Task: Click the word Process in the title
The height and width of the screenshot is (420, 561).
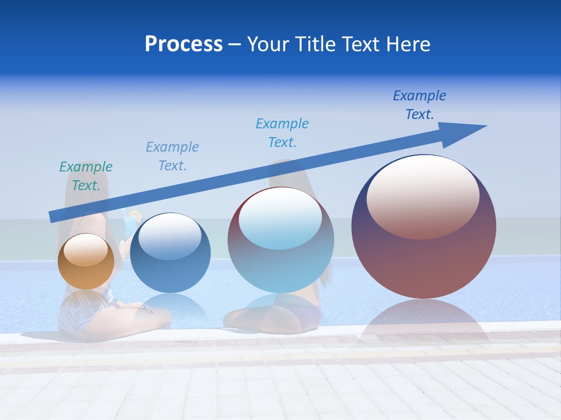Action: point(183,44)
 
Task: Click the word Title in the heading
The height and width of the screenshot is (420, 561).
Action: point(316,44)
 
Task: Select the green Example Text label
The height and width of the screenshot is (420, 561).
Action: point(86,176)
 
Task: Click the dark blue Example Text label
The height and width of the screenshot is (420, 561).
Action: point(420,105)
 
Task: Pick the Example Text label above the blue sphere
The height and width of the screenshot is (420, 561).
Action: point(172,156)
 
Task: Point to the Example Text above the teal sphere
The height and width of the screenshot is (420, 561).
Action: point(282,133)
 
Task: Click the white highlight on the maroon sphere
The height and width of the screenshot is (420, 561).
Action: point(423,196)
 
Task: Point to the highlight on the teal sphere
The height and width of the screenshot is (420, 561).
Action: point(280,217)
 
